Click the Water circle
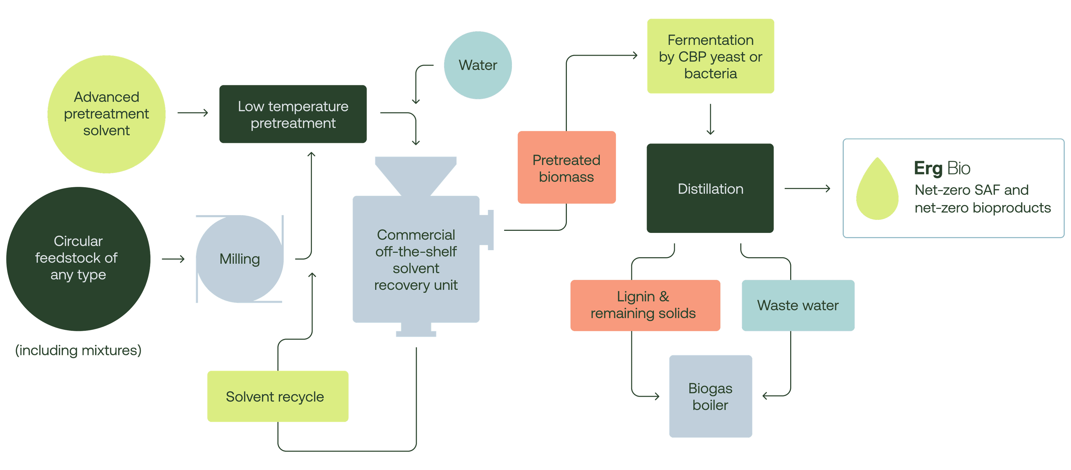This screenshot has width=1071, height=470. tap(478, 65)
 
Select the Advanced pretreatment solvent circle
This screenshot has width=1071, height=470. tap(106, 114)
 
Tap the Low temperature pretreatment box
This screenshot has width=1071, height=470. tap(293, 114)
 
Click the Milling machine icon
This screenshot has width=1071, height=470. tap(240, 259)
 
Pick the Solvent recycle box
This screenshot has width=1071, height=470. tap(278, 397)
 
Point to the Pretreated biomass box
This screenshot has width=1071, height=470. tap(566, 168)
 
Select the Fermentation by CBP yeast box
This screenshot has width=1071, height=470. tap(710, 56)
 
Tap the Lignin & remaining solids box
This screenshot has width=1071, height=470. tap(645, 305)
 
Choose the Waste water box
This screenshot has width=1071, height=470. tap(798, 305)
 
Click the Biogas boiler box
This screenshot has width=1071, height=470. tap(710, 397)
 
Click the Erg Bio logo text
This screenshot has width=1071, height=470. tap(942, 168)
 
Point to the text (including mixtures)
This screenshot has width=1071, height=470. tap(78, 350)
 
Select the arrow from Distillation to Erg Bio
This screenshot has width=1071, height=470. tap(807, 189)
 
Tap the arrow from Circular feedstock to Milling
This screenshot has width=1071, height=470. tap(173, 259)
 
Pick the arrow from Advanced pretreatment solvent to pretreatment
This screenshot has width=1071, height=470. tap(192, 113)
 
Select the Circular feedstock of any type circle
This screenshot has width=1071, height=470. tap(78, 259)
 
